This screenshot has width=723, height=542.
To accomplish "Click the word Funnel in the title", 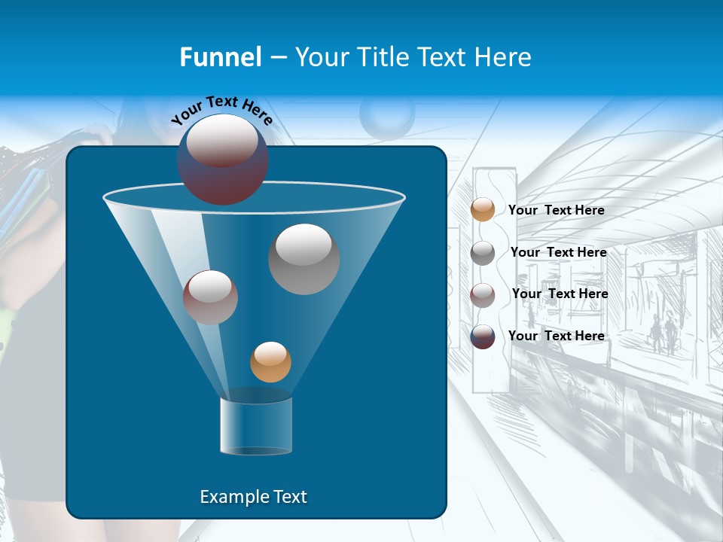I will click(220, 57).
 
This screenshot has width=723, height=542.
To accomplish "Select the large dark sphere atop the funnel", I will click(223, 160).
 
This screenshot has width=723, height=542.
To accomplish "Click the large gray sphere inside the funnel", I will click(304, 259).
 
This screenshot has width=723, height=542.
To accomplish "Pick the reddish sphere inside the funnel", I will click(210, 297).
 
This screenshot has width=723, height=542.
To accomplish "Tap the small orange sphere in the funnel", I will click(270, 362).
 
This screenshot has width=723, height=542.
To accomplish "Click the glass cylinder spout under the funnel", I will click(256, 426).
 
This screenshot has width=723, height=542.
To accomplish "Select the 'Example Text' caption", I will click(253, 497).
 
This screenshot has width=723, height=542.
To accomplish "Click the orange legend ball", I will click(483, 210).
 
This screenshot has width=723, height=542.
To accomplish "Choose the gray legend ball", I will click(483, 253).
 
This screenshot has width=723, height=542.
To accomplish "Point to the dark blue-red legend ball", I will click(483, 336).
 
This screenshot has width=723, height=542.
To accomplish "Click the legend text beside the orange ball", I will click(556, 210).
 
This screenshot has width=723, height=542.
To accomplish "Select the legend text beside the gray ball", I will click(558, 252).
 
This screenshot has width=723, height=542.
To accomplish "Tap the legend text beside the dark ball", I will click(556, 336).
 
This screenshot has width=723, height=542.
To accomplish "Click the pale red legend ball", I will click(483, 295).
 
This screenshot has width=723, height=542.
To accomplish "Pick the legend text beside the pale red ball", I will click(560, 294).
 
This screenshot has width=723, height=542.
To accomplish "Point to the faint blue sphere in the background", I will click(387, 114).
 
